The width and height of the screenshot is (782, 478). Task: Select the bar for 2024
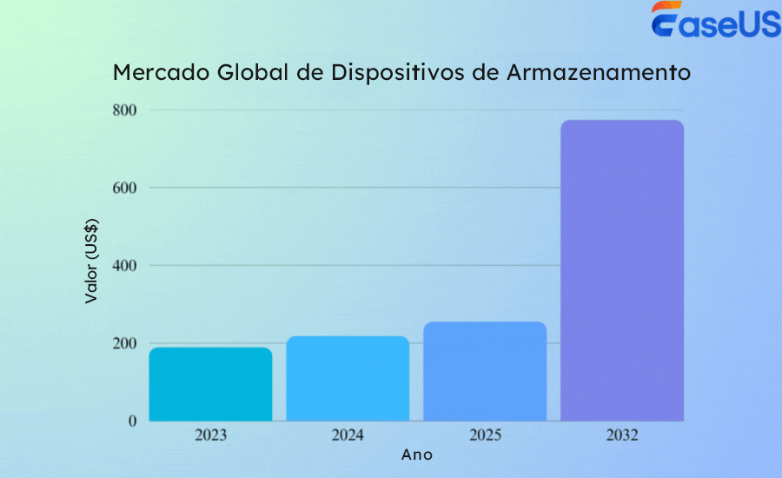(348, 378)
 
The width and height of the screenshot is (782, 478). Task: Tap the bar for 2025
(485, 371)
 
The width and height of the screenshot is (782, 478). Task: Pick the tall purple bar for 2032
(622, 270)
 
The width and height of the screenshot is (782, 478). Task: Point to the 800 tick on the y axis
(123, 110)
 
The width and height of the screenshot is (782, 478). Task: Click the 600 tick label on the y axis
(123, 188)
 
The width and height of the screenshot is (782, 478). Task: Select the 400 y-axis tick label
(123, 266)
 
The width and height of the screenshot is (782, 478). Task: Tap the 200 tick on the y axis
(123, 343)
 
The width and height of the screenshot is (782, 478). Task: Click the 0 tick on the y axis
(131, 422)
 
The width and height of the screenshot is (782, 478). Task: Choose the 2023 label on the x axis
(210, 435)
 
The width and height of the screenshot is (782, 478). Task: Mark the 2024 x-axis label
(348, 435)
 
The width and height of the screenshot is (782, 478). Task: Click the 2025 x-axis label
(485, 435)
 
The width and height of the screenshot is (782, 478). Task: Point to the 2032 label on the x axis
(622, 435)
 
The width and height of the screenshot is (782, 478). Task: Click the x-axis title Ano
(417, 455)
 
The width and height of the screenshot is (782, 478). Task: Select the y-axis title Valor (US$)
(91, 262)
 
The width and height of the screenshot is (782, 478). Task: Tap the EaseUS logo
(715, 21)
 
